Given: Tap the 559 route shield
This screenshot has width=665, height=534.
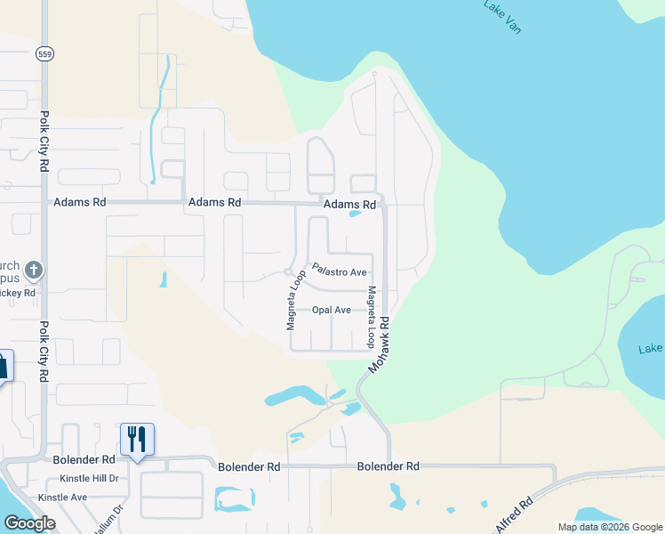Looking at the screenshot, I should tap(44, 54).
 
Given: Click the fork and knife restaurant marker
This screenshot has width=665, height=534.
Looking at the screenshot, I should tap(137, 439).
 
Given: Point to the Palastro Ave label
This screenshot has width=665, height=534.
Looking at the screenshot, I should tap(339, 271).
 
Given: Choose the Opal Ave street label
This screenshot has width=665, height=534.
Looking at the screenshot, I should tap(331, 311).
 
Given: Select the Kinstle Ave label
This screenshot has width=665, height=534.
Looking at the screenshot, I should tap(62, 498).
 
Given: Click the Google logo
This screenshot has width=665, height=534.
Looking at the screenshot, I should tap(29, 523).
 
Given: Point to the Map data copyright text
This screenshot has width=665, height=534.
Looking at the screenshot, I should tap(610, 527).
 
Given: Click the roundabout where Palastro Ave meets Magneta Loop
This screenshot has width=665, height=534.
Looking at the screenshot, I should tap(288, 272).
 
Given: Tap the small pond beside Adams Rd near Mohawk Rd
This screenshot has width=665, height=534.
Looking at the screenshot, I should tap(355, 214).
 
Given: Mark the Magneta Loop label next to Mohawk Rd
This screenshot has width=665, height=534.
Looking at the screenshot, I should tap(372, 317).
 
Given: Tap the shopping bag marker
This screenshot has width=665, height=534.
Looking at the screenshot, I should tap(4, 365).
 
